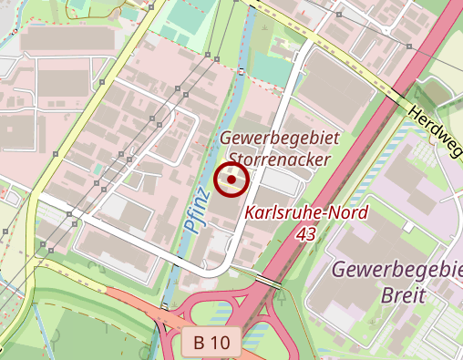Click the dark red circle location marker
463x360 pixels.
[x=231, y=180]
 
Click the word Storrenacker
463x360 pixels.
[x=279, y=159]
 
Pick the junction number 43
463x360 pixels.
[x=306, y=234]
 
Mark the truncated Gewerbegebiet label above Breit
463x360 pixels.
[x=396, y=271]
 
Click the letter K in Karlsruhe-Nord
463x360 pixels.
[x=250, y=216]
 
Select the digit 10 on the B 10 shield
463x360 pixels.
[x=222, y=345]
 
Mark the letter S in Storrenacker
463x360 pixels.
[x=234, y=159]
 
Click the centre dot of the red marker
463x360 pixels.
[x=231, y=180]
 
